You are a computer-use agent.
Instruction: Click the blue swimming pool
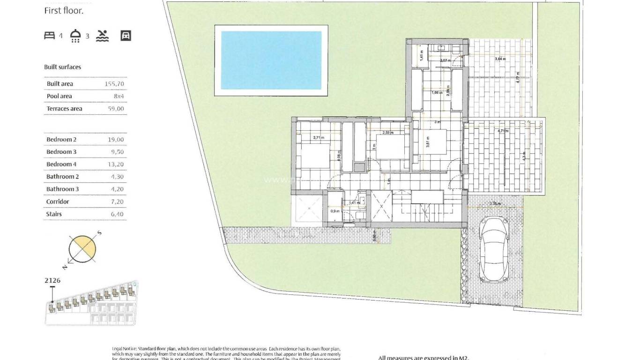[x=271, y=60]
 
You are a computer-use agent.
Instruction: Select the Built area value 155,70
[x=114, y=84]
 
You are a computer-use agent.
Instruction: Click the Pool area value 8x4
[x=118, y=96]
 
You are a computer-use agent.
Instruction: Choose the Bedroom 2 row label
[x=61, y=140]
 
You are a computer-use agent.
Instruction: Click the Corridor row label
[x=58, y=202]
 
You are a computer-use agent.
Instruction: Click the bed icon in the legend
[x=49, y=35]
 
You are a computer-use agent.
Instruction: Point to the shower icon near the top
[x=75, y=36]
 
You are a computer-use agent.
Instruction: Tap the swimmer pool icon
[x=103, y=36]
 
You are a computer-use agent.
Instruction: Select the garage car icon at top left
[x=126, y=36]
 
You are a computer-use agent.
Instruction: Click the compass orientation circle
[x=83, y=249]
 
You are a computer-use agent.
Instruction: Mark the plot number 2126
[x=52, y=280]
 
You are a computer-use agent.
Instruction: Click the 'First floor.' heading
[x=64, y=11]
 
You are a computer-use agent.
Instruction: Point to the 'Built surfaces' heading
[x=62, y=67]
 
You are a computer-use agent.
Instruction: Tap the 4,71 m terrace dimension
[x=503, y=131]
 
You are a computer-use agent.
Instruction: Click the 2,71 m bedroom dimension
[x=319, y=138]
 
